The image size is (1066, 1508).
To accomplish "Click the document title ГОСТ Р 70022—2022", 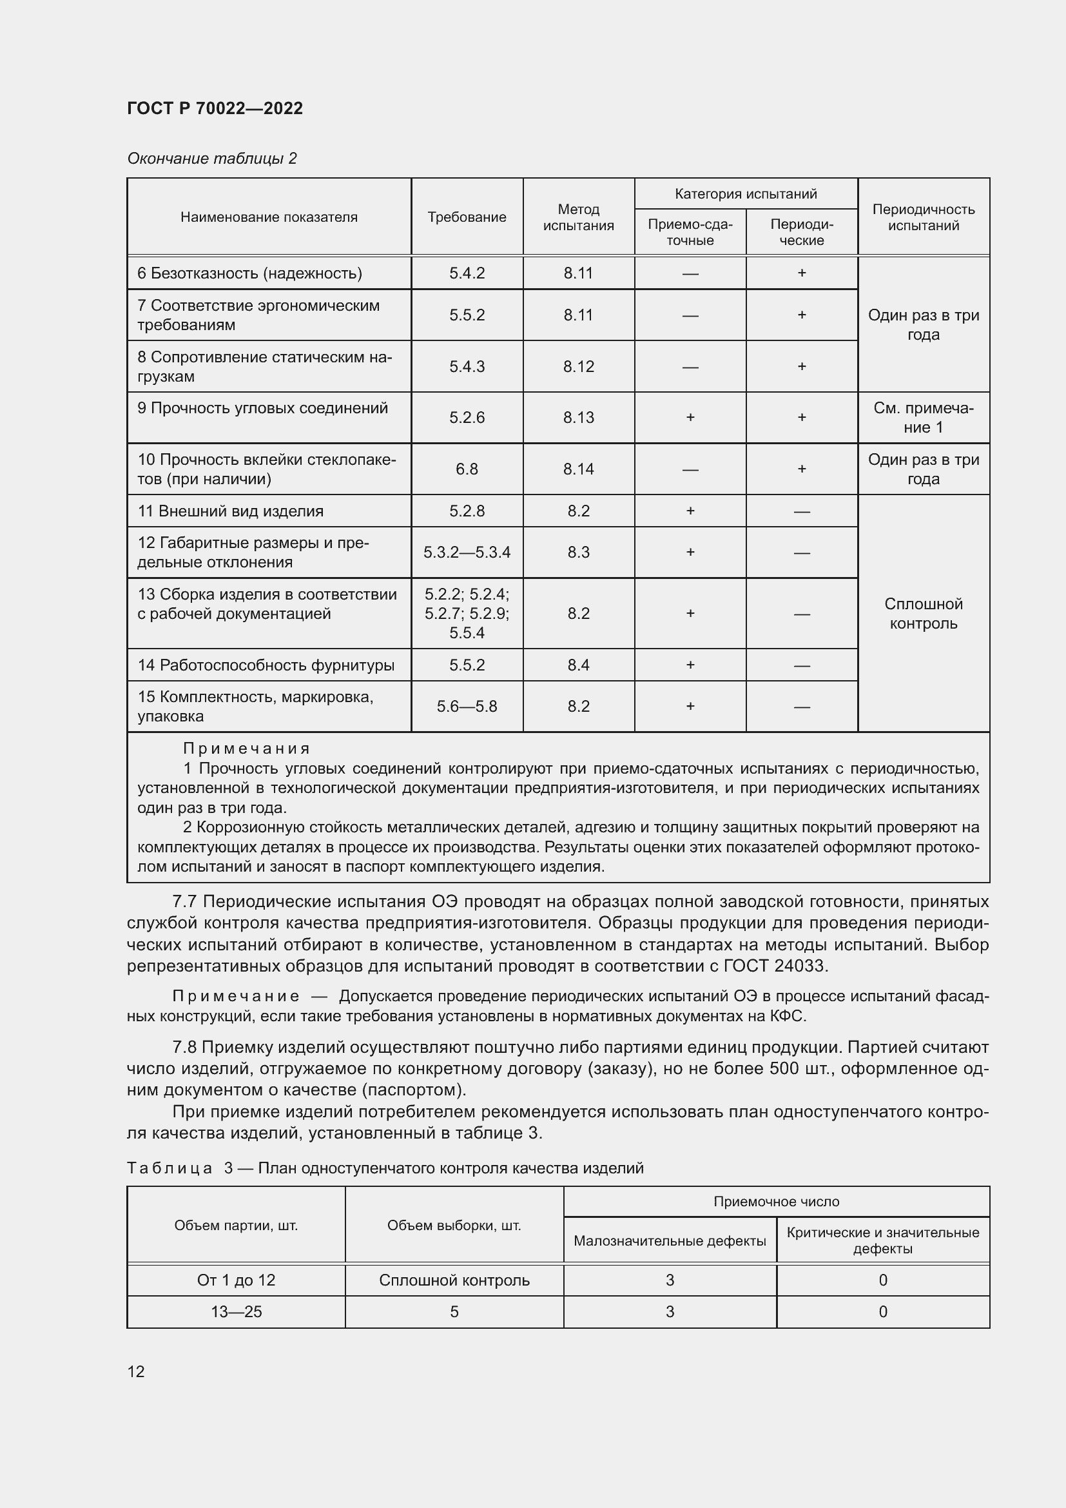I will click(x=215, y=108).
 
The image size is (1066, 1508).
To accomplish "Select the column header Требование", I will click(x=467, y=217).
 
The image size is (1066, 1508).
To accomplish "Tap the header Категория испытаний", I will click(x=746, y=194).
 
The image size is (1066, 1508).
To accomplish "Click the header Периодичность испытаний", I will click(x=923, y=217).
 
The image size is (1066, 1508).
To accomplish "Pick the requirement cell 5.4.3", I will click(x=467, y=366).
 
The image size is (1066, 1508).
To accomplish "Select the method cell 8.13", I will click(x=578, y=418).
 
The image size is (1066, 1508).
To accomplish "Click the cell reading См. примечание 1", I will click(x=923, y=418).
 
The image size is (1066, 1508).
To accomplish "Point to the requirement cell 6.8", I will click(x=467, y=469).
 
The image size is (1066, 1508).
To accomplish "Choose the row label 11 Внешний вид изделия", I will click(x=230, y=511).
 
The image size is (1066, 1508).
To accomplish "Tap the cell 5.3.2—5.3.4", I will click(x=467, y=553).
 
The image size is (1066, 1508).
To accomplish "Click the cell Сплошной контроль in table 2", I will click(x=923, y=613).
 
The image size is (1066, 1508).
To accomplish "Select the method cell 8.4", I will click(x=578, y=665).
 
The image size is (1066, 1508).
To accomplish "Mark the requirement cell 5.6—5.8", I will click(x=467, y=707).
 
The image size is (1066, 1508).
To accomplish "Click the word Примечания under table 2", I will click(x=246, y=749).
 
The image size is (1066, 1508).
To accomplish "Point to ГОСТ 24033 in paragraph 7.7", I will click(x=775, y=966).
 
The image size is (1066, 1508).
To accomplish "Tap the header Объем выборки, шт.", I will click(x=454, y=1226).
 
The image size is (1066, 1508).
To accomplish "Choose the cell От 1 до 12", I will click(x=236, y=1280).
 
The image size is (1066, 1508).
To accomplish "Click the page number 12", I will click(x=136, y=1371).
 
